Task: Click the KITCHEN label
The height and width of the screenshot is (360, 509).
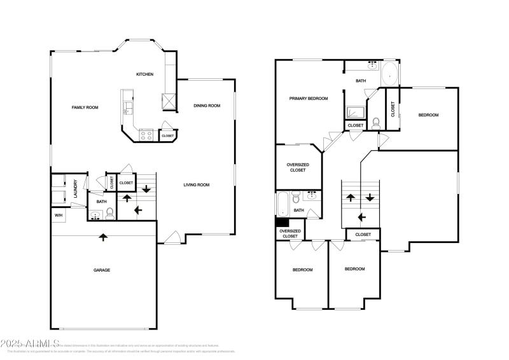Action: (144, 74)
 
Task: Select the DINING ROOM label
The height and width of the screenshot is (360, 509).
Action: (207, 106)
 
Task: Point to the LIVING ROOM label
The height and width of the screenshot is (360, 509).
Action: (197, 185)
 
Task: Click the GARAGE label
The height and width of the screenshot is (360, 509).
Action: (102, 270)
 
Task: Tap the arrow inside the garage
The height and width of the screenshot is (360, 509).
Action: (103, 237)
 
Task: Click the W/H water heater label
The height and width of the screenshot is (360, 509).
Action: (59, 216)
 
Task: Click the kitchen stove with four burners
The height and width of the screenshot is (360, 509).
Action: (145, 135)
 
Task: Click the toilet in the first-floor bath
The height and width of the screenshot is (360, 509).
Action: (109, 212)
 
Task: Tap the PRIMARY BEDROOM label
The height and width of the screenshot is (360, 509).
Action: (308, 99)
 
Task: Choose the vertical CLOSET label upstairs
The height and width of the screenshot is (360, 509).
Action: (393, 109)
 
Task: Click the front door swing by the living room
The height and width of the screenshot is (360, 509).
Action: (169, 239)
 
